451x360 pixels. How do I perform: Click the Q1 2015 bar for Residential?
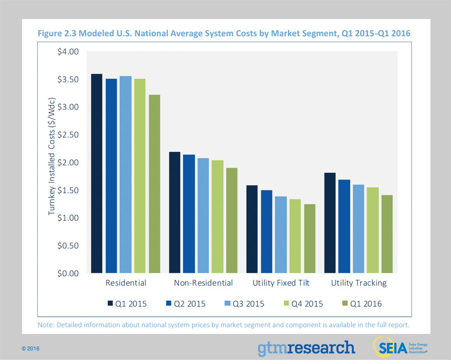coord(96,173)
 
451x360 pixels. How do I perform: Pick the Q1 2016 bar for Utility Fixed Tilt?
coord(309,239)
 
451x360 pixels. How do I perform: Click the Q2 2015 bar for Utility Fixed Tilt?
coord(266,232)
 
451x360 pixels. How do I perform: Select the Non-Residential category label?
coord(203,283)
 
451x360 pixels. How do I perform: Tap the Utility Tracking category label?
coord(359,283)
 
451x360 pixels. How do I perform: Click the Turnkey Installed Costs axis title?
coord(52,162)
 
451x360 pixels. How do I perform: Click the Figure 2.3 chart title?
coord(224,33)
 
